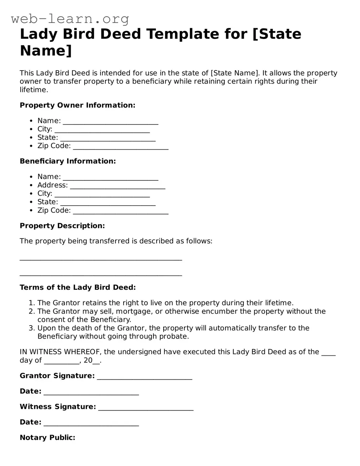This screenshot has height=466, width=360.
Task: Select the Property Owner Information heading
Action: (x=77, y=105)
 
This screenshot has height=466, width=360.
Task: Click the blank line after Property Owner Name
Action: (x=110, y=122)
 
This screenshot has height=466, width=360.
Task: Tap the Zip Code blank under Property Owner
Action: (x=120, y=147)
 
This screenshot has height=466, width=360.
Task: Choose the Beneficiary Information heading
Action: (x=67, y=161)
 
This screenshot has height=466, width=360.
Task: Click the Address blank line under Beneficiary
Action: (x=117, y=186)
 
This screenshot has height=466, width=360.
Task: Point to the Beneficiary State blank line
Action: (x=108, y=203)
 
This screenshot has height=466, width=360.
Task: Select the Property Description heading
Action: (x=62, y=226)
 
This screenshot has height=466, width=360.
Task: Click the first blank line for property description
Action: (x=101, y=259)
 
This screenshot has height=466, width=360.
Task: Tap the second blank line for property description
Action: (x=101, y=275)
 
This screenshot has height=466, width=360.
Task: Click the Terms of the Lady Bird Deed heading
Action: (x=78, y=288)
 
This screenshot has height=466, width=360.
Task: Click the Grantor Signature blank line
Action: (x=144, y=377)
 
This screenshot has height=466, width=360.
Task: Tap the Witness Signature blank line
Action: (x=146, y=408)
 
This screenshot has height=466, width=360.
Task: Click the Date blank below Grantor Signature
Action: (x=91, y=392)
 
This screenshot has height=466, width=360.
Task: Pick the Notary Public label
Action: (x=47, y=438)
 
